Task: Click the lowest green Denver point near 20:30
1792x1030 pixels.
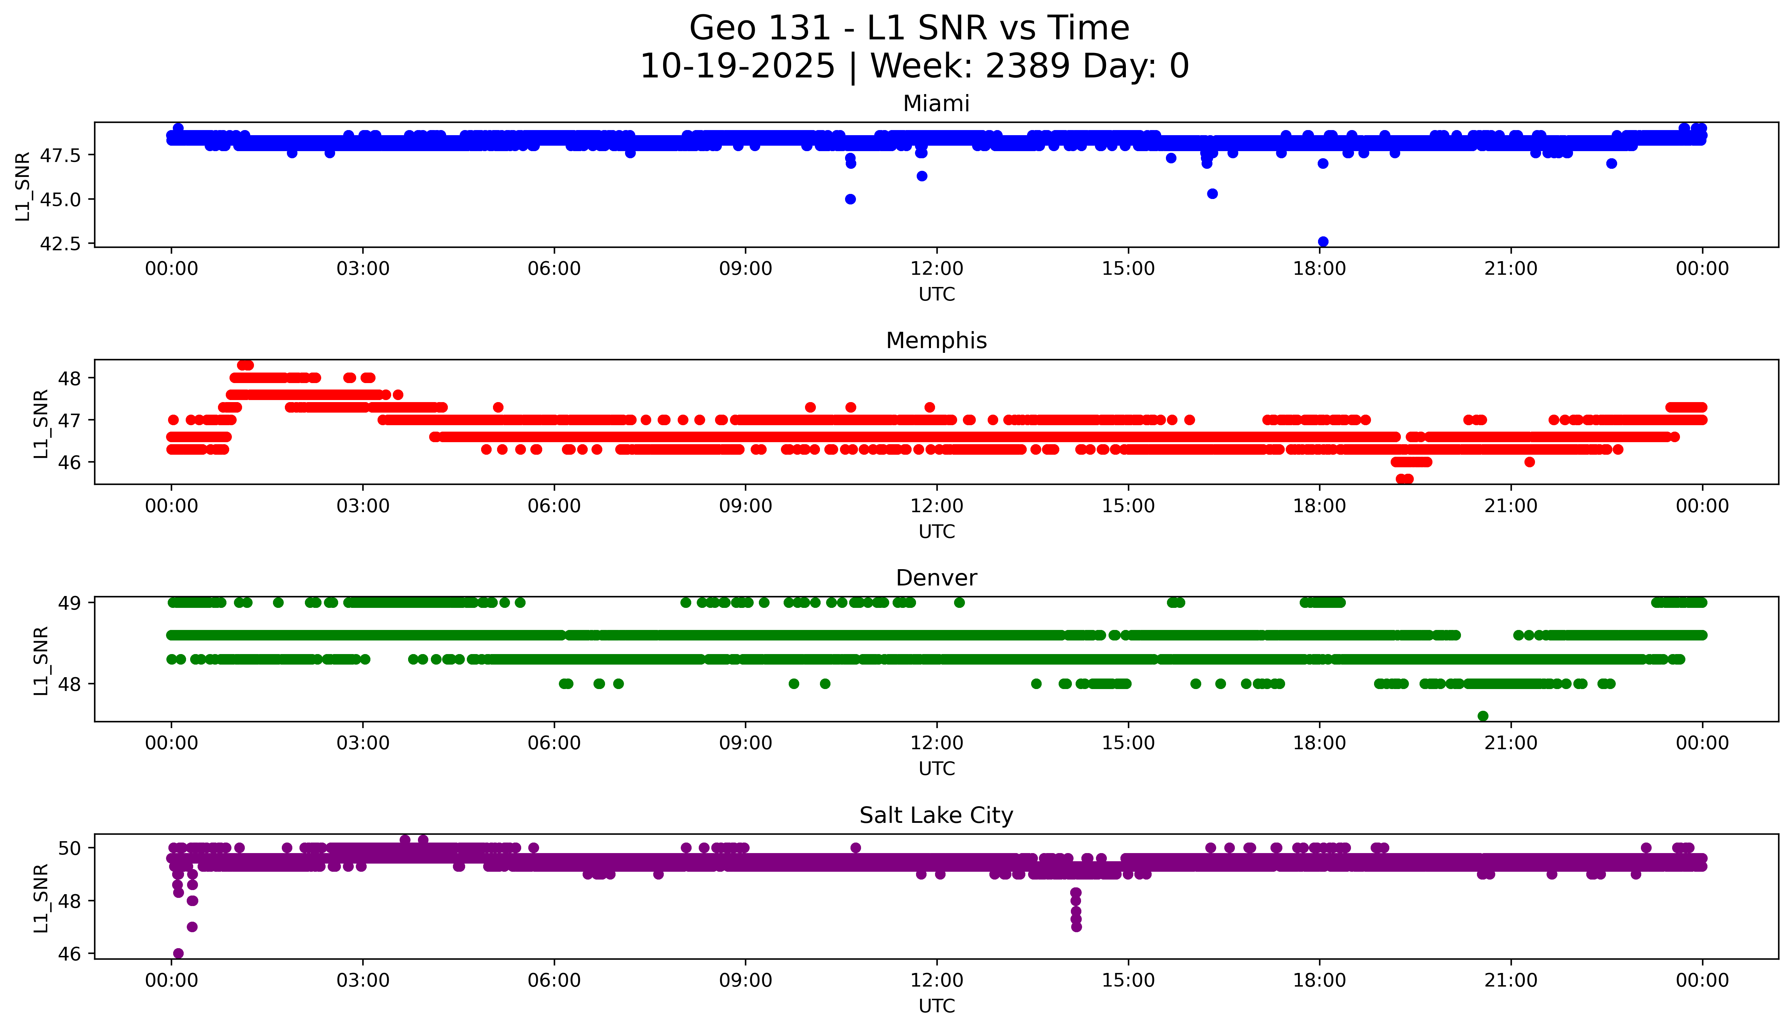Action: click(1483, 716)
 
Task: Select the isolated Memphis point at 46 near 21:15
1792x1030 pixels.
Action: click(1530, 462)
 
